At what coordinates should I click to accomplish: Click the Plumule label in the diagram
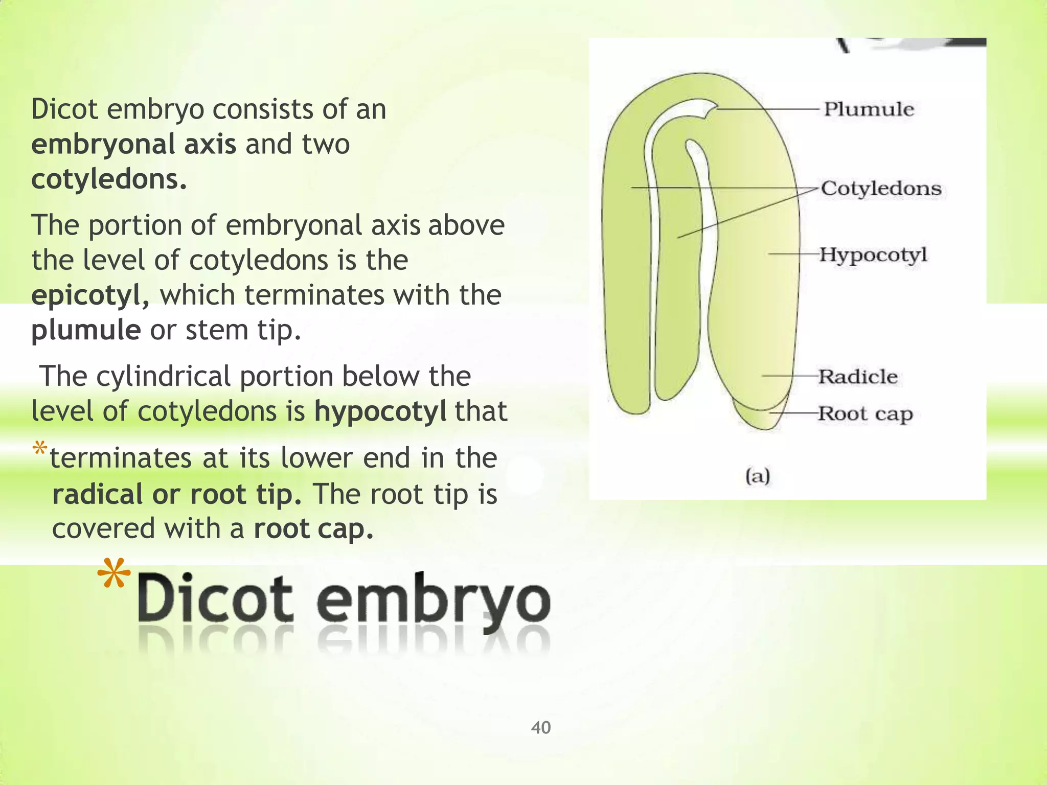pos(869,109)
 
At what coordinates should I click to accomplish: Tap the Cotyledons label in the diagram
pos(881,189)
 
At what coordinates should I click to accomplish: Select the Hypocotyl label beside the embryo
pos(873,255)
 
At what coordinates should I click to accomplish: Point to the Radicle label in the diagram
pos(858,377)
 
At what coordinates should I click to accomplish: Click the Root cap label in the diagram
pos(865,413)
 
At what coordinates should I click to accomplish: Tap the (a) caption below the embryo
pos(758,476)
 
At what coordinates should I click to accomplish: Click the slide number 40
pos(541,727)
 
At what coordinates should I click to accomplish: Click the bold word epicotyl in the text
pos(86,295)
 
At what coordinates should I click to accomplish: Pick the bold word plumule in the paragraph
pos(86,330)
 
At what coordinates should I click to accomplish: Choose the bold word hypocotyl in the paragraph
pos(380,411)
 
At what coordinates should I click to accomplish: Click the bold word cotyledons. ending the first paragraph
pos(109,179)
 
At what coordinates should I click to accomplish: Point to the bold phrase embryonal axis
pos(133,144)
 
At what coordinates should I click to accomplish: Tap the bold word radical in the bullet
pos(97,494)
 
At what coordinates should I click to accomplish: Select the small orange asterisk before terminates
pos(39,450)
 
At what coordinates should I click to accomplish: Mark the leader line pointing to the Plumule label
pos(767,109)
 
